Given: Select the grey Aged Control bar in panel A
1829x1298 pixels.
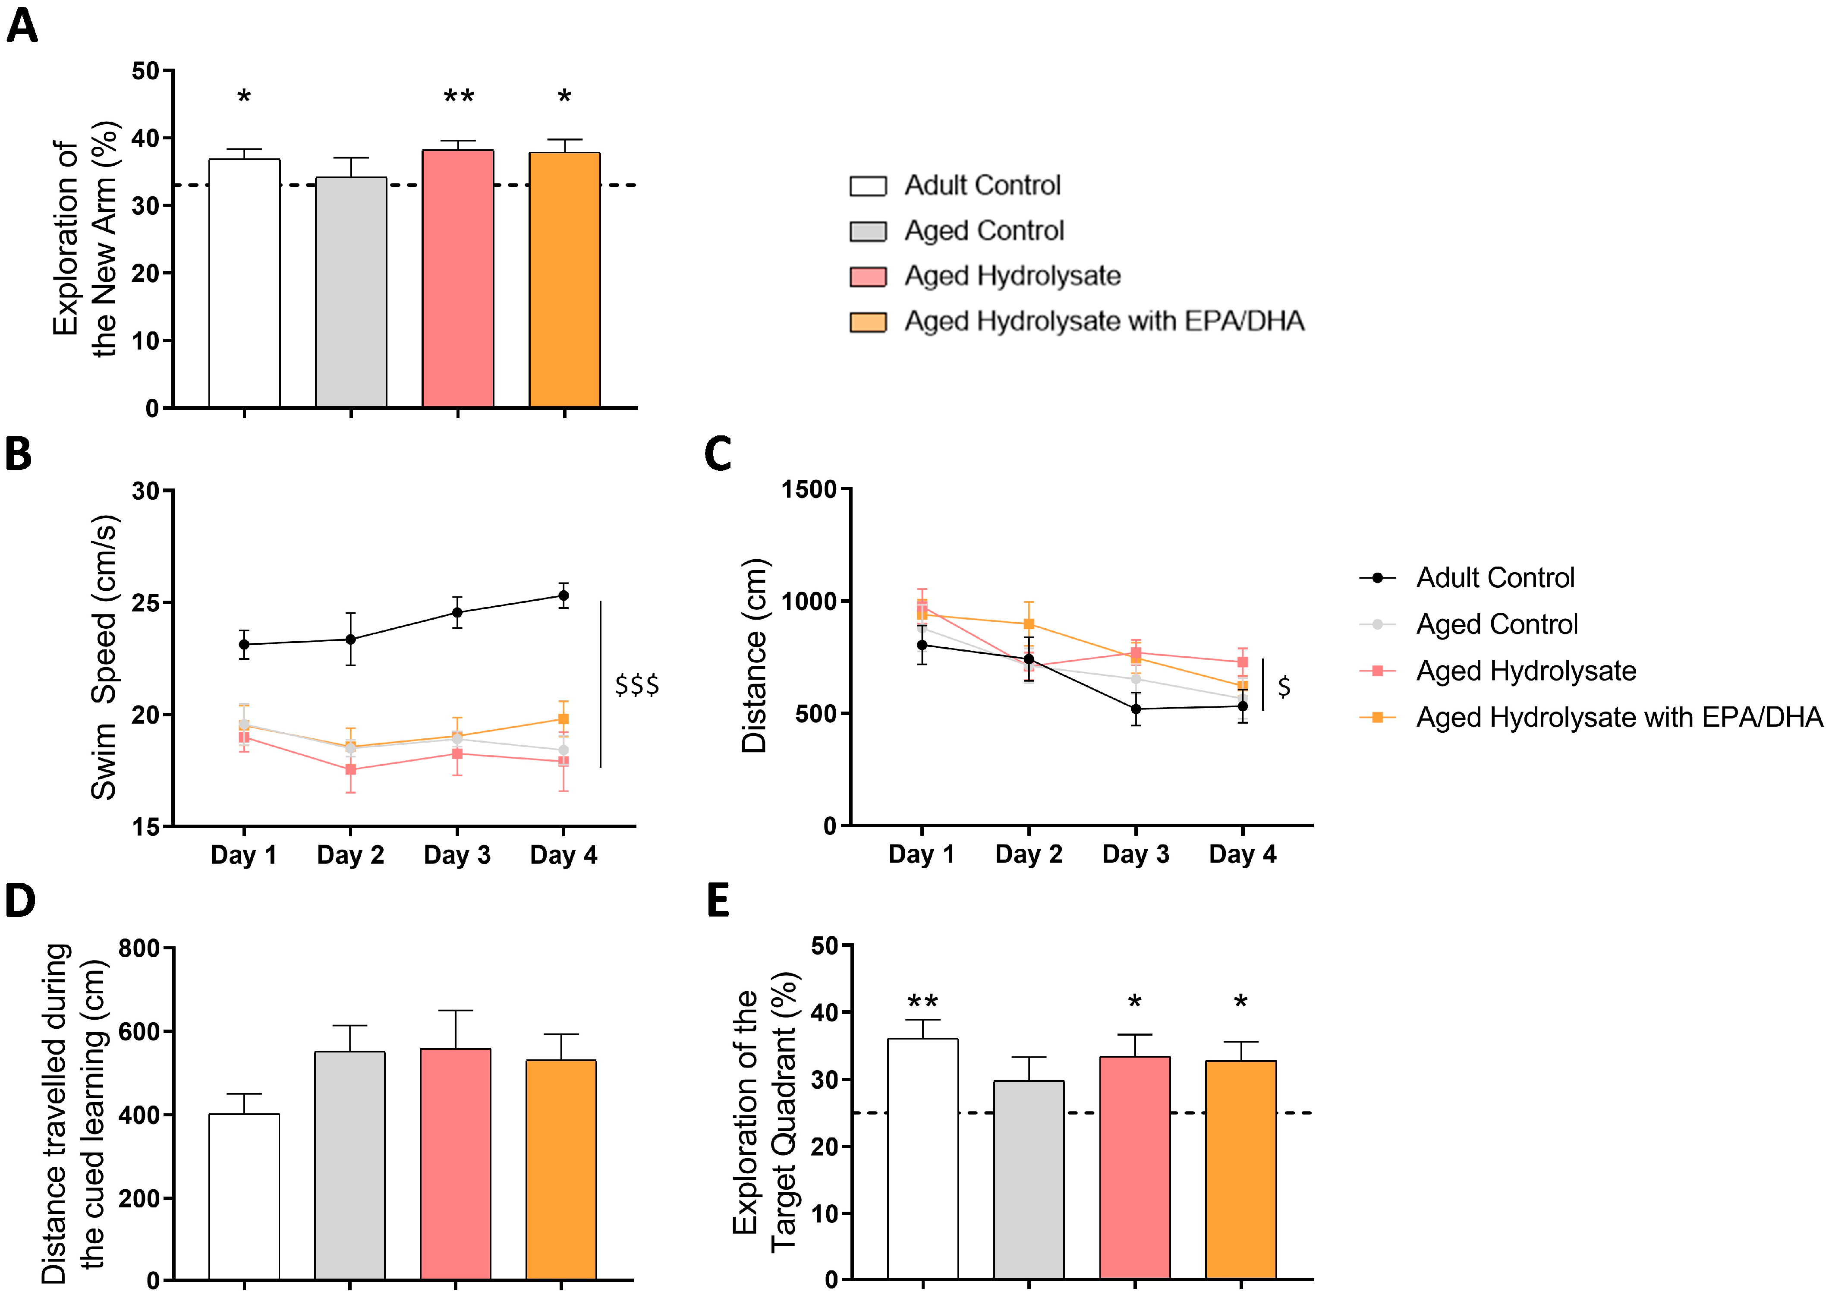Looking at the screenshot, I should click(x=351, y=292).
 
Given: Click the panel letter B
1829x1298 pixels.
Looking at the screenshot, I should click(x=19, y=453).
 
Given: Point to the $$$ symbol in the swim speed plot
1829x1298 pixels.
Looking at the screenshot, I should click(x=637, y=685).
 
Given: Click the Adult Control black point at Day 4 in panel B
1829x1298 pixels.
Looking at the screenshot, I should click(x=563, y=595).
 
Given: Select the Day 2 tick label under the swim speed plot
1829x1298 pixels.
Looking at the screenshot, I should click(x=350, y=855).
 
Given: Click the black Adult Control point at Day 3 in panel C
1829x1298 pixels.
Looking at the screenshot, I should click(x=1136, y=709).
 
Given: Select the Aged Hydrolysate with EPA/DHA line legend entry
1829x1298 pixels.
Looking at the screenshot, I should click(x=1618, y=717).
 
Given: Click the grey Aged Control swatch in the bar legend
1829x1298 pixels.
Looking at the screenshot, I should click(x=868, y=231).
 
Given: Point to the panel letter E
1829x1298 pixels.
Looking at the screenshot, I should click(x=718, y=901).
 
